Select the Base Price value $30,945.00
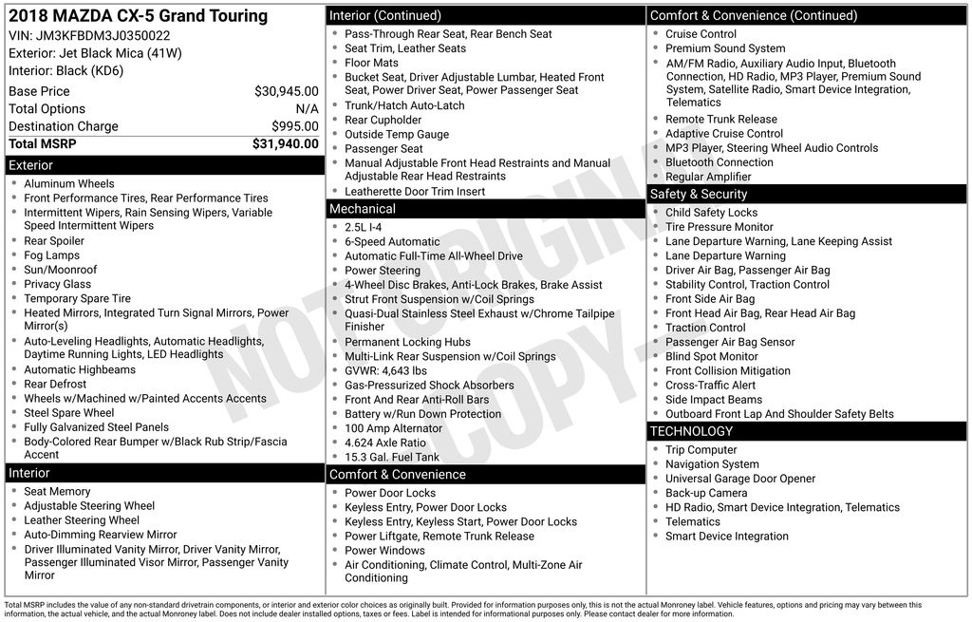(x=287, y=92)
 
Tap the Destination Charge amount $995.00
(x=294, y=126)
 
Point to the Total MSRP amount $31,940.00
(x=285, y=144)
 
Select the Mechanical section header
(x=363, y=209)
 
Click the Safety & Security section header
(x=699, y=194)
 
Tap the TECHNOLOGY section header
(x=692, y=431)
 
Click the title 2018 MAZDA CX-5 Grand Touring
(x=138, y=16)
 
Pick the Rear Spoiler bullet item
(x=54, y=241)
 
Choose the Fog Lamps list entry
(x=52, y=255)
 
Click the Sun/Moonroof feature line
(x=61, y=270)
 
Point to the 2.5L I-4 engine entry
(x=364, y=228)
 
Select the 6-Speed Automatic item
(x=392, y=242)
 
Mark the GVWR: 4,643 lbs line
(x=385, y=371)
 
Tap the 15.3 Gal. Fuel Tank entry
(x=392, y=457)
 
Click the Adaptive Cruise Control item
(x=724, y=134)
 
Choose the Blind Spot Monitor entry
(x=712, y=357)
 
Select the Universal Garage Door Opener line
(x=740, y=479)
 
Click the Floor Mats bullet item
(x=371, y=63)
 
